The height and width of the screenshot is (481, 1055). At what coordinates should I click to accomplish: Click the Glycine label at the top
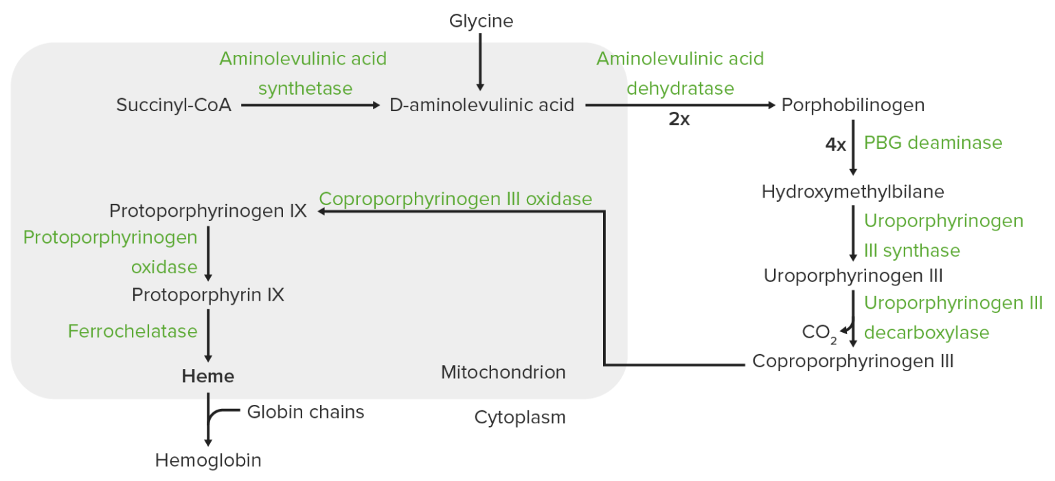pyautogui.click(x=481, y=21)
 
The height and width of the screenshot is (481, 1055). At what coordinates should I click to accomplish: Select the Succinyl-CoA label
pyautogui.click(x=174, y=105)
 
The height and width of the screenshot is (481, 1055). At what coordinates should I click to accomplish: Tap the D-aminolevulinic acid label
pyautogui.click(x=481, y=106)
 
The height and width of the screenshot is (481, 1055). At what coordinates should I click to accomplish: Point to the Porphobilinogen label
pyautogui.click(x=853, y=106)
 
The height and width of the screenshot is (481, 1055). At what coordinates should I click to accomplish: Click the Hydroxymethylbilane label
pyautogui.click(x=852, y=191)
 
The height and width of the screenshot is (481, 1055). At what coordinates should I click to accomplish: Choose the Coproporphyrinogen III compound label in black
pyautogui.click(x=853, y=361)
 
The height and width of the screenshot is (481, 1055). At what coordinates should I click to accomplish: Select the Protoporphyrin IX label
pyautogui.click(x=208, y=295)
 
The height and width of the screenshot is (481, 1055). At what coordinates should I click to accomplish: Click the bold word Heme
pyautogui.click(x=208, y=376)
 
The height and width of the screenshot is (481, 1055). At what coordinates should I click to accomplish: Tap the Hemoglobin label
pyautogui.click(x=208, y=460)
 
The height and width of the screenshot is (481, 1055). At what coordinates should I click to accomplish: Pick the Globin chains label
pyautogui.click(x=306, y=412)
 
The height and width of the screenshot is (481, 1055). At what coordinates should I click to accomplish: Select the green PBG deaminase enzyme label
pyautogui.click(x=933, y=143)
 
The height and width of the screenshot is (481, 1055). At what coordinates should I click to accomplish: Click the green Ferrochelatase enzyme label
pyautogui.click(x=133, y=331)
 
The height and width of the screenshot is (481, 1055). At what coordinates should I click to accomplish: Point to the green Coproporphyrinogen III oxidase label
pyautogui.click(x=455, y=199)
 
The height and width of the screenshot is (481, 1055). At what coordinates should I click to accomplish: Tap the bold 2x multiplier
pyautogui.click(x=679, y=119)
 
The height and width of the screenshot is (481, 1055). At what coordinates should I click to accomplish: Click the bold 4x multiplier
pyautogui.click(x=835, y=145)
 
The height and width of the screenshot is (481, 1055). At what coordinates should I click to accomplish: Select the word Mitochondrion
pyautogui.click(x=503, y=373)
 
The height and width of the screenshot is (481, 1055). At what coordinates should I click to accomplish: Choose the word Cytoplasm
pyautogui.click(x=520, y=417)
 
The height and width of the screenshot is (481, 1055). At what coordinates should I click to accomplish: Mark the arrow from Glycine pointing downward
pyautogui.click(x=480, y=62)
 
